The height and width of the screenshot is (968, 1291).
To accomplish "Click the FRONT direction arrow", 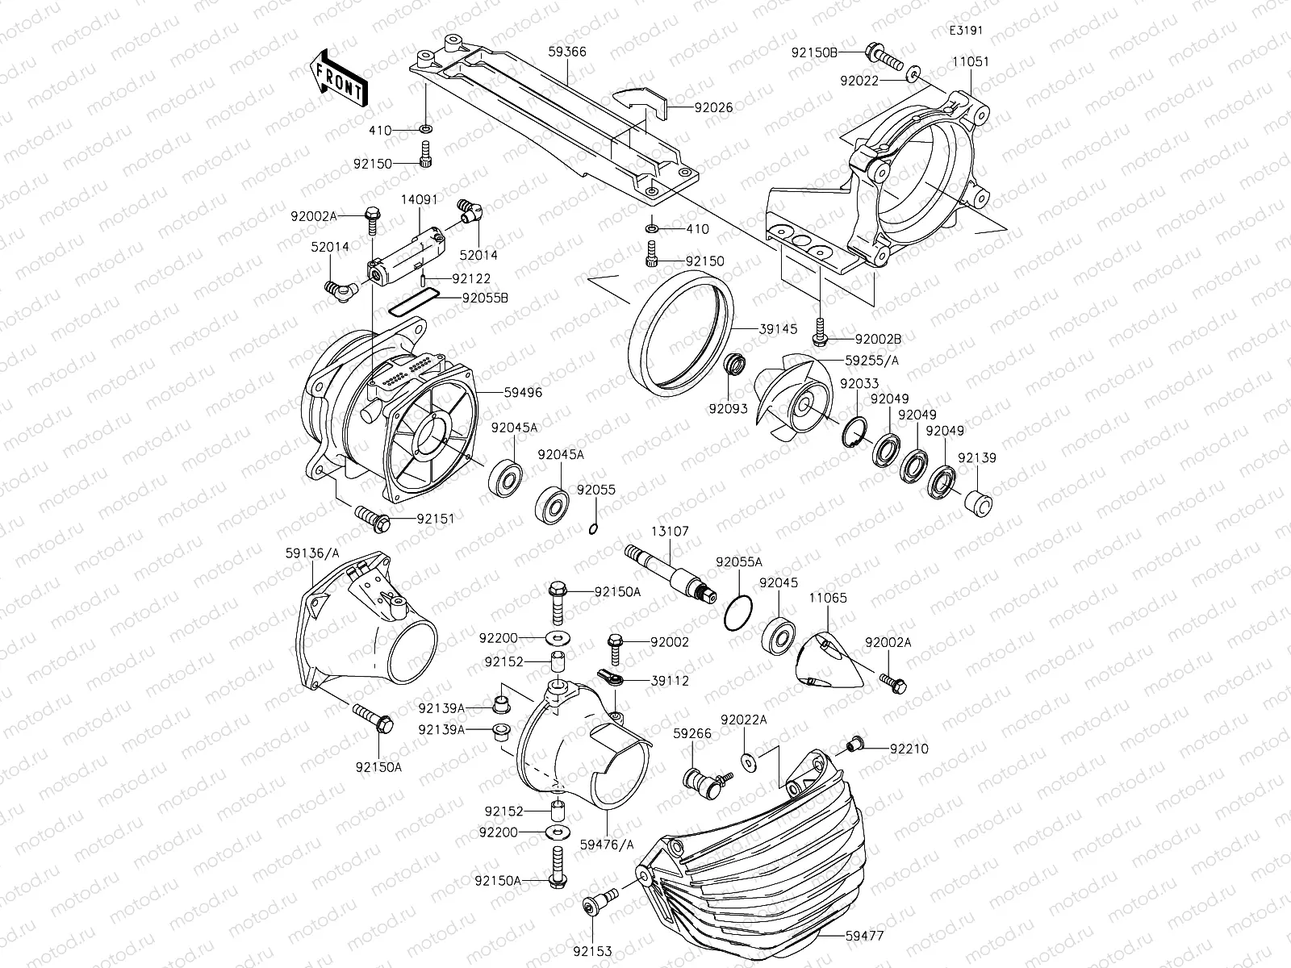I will pos(339,78).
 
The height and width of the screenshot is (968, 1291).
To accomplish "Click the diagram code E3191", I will pos(966,31).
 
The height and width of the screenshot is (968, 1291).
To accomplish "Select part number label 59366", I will pos(566,52).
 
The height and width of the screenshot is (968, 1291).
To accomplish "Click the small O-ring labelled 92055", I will pos(593,529).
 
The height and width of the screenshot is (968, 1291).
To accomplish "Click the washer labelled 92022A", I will pos(747,759).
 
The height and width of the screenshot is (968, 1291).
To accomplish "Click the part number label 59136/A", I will pos(311,553).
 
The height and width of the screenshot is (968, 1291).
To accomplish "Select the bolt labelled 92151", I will pos(371,516).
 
